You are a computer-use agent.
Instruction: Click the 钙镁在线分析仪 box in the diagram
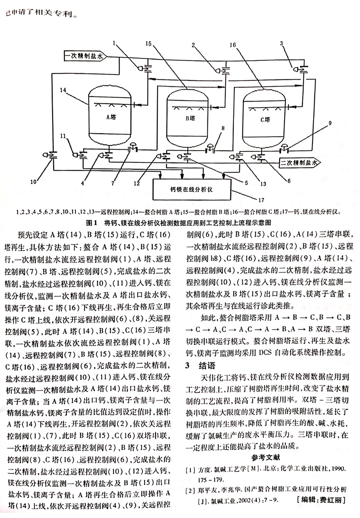pyautogui.click(x=191, y=189)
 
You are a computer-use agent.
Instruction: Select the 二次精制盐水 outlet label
pyautogui.click(x=296, y=163)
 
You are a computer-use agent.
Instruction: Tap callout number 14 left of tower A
pyautogui.click(x=63, y=91)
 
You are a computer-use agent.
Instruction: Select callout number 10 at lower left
pyautogui.click(x=33, y=182)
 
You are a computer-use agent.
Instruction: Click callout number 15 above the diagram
pyautogui.click(x=149, y=44)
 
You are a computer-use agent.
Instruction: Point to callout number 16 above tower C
pyautogui.click(x=232, y=45)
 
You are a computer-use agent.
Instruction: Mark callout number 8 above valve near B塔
pyautogui.click(x=223, y=128)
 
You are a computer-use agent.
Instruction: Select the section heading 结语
pyautogui.click(x=207, y=366)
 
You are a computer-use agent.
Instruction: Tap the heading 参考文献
pyautogui.click(x=266, y=457)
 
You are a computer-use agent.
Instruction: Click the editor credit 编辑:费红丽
pyautogui.click(x=319, y=500)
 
